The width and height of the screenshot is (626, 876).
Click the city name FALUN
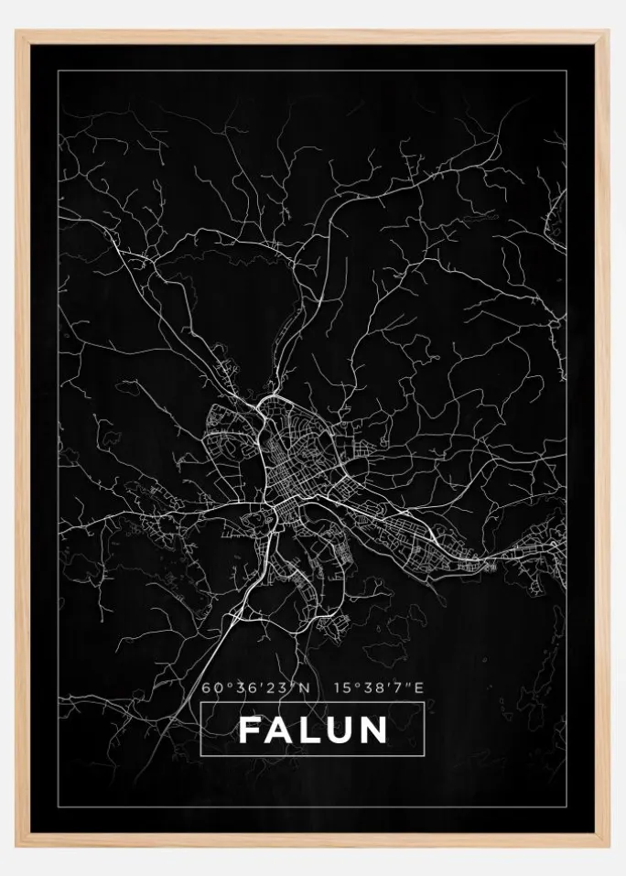[x=313, y=730]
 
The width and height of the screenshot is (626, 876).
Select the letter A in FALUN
[x=278, y=730]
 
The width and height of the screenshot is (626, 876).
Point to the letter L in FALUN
[x=308, y=730]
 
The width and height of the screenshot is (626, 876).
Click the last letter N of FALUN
[x=374, y=730]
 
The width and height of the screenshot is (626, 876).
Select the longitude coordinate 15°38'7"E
[x=379, y=687]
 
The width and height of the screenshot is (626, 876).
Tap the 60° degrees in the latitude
[x=215, y=687]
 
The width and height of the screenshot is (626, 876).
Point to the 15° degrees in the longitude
[x=345, y=687]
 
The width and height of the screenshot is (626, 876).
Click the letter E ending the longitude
[x=419, y=687]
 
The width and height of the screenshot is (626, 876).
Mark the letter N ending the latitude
[x=306, y=687]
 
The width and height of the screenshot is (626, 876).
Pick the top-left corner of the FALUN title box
[x=200, y=703]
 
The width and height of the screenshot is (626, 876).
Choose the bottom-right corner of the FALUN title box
[x=425, y=756]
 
